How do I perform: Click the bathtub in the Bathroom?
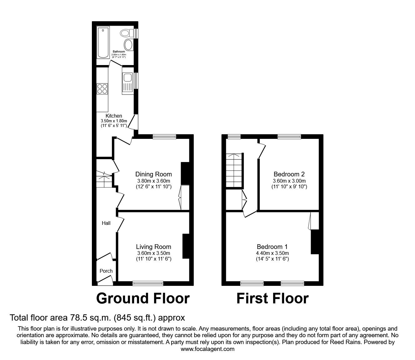click(x=103, y=43)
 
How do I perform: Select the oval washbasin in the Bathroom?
click(x=128, y=45)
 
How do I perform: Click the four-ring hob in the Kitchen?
click(x=102, y=89)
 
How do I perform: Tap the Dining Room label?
click(x=153, y=174)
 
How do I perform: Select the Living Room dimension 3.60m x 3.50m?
click(x=153, y=253)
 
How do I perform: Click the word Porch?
click(x=106, y=271)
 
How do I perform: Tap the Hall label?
click(x=106, y=223)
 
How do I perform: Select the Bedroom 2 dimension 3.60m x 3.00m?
click(x=289, y=181)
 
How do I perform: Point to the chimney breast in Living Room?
click(x=186, y=246)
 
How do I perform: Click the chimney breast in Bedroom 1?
click(x=315, y=242)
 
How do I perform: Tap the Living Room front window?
click(x=148, y=283)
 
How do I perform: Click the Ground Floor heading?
click(x=143, y=298)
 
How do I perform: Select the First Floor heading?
click(x=272, y=298)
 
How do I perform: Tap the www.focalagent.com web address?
click(x=207, y=349)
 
